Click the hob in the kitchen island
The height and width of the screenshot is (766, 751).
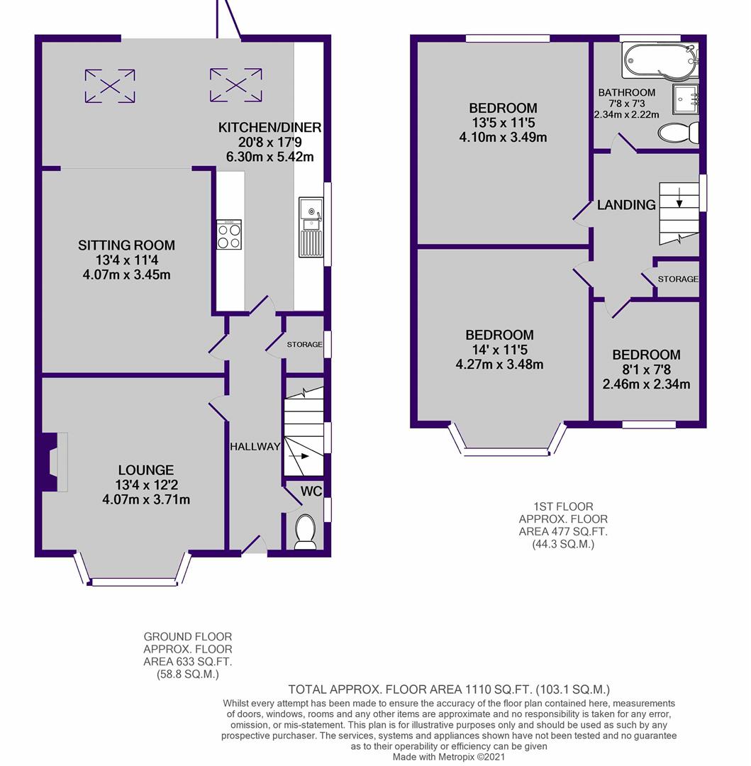point(229,235)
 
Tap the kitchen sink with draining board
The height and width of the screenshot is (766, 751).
point(311,227)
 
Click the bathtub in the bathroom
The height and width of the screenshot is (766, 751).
point(660,60)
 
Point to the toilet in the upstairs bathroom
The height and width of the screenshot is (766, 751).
point(678,133)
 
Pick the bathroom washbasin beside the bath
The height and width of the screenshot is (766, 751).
point(686,99)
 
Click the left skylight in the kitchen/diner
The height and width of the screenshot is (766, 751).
point(110,86)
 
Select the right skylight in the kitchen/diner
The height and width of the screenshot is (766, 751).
point(236,85)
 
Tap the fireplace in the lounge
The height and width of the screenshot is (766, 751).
point(52,462)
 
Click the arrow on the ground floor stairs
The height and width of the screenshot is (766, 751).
point(299,456)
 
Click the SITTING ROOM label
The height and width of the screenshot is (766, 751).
point(126,245)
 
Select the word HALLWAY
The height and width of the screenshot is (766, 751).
point(255,447)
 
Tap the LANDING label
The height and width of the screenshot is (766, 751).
point(626,205)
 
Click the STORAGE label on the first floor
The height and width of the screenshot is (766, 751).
point(678,279)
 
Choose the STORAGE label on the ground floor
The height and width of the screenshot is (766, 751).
point(304,345)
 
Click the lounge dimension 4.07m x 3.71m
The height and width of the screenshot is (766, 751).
point(146,500)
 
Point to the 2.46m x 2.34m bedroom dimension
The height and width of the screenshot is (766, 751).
point(647,384)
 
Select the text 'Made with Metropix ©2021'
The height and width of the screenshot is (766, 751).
point(449,757)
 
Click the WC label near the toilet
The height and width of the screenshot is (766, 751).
point(311,491)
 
